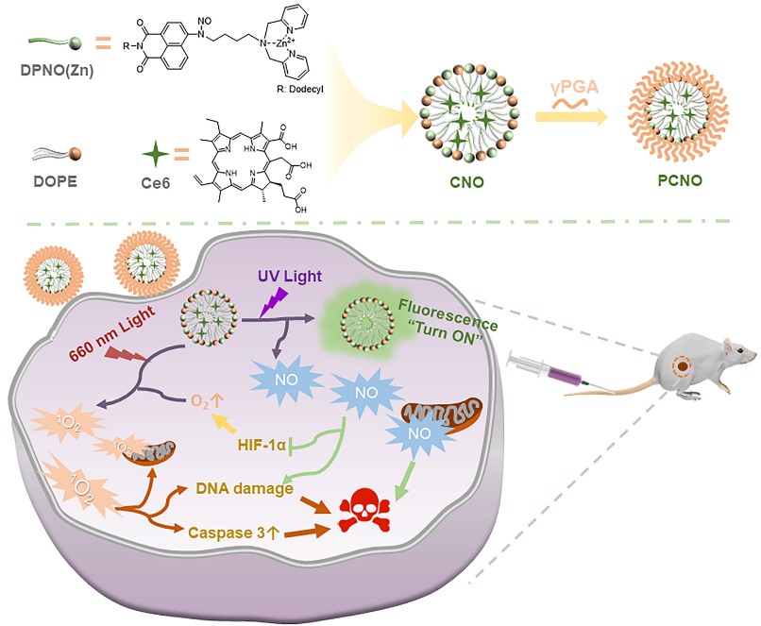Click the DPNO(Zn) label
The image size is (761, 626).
coord(57,71)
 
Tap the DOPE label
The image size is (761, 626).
coord(56,181)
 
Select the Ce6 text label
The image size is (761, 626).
coord(156,182)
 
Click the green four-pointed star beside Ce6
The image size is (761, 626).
coord(156,154)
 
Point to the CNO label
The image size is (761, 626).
coord(466,182)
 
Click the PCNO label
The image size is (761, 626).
coord(680,180)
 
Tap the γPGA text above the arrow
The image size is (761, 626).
coord(575,88)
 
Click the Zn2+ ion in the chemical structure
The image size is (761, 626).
coord(279,42)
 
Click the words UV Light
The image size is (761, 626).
coord(290,276)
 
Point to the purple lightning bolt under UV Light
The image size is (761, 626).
coord(274,302)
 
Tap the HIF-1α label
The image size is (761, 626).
coord(262,444)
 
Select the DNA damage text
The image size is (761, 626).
coord(245,488)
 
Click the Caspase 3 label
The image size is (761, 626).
coord(233,533)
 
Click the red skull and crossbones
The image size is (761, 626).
coord(365,511)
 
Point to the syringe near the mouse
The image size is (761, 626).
coord(552,373)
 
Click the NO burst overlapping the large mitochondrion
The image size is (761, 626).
coord(419,433)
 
